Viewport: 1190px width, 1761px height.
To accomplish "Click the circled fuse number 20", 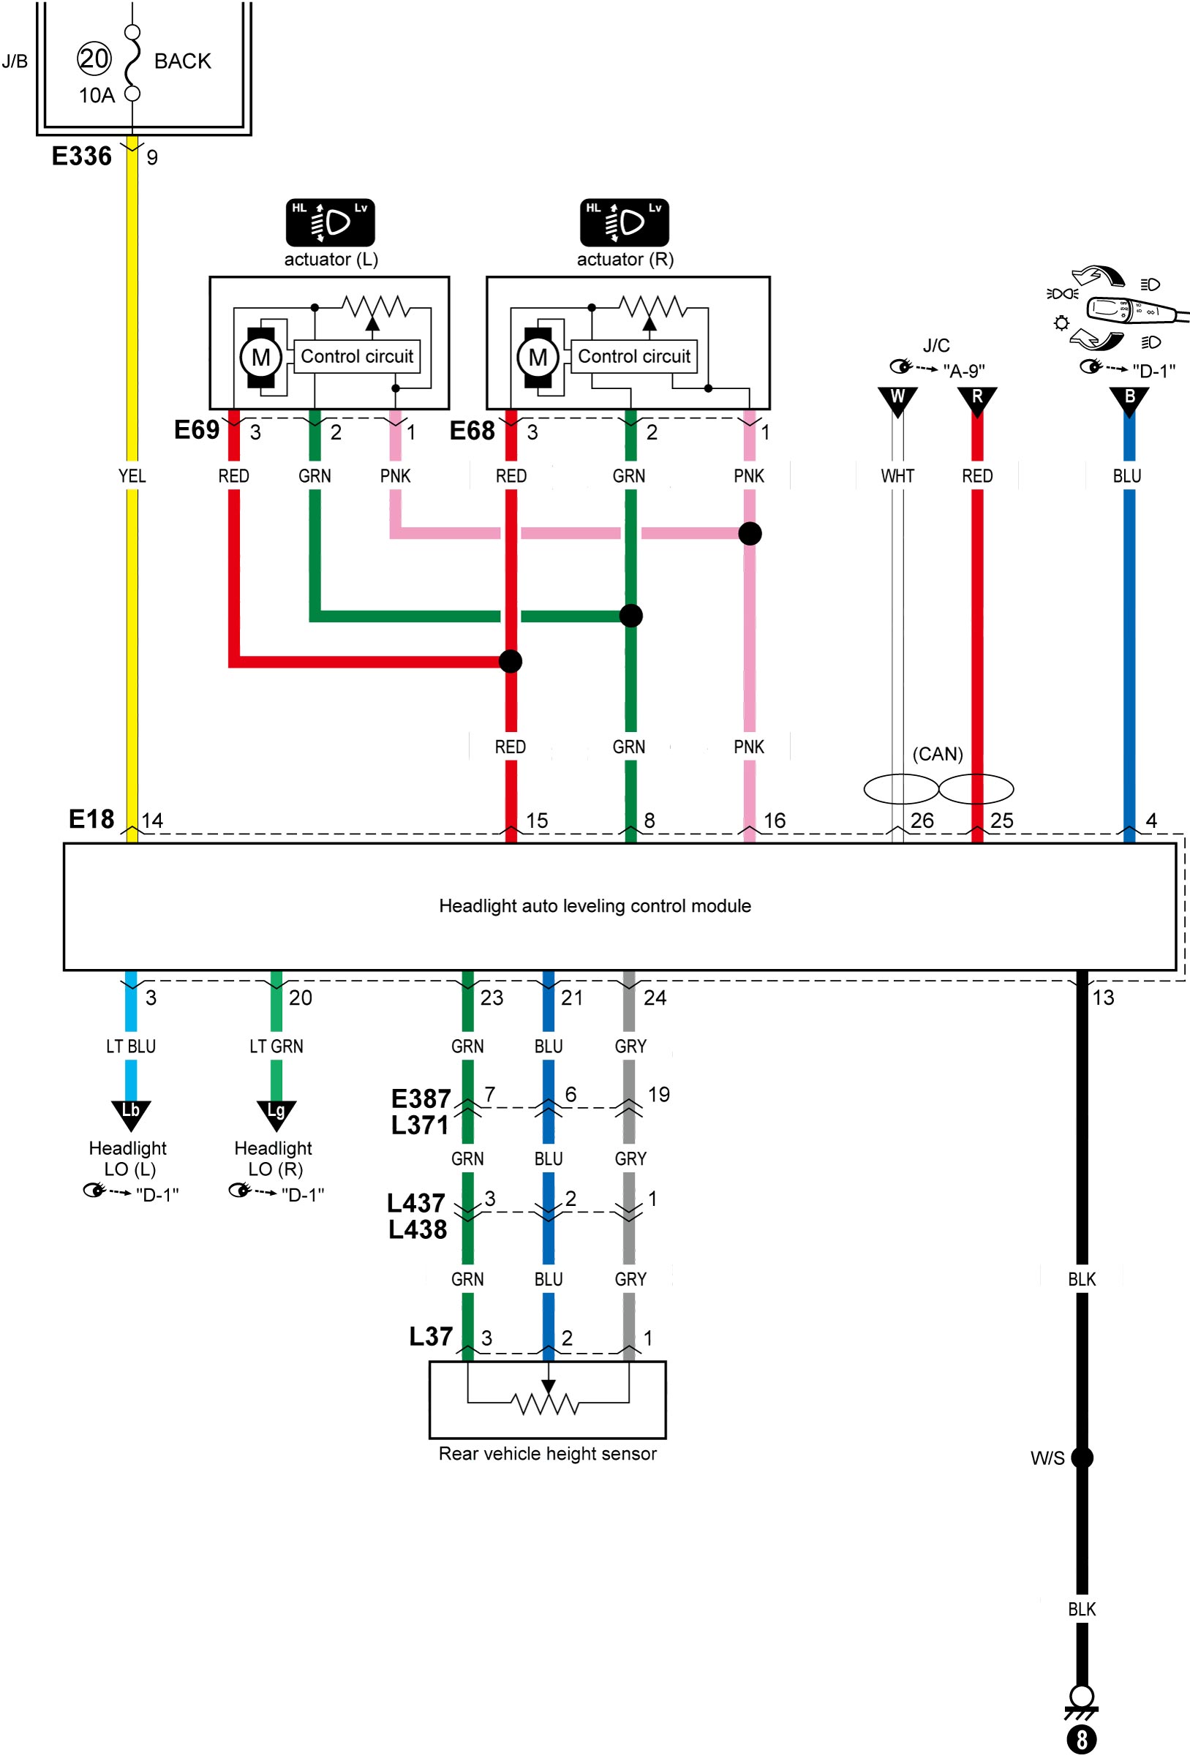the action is (94, 59).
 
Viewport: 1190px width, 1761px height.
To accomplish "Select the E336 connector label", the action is (82, 156).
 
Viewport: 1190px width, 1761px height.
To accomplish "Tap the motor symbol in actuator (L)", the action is (260, 358).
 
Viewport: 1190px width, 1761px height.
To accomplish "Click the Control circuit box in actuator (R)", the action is (633, 356).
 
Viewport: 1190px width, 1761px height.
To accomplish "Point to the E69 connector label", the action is (197, 429).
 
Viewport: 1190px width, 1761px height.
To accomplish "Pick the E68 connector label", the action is (472, 431).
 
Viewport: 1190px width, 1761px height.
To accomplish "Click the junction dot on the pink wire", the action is (750, 533).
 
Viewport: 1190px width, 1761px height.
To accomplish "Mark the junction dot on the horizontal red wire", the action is (511, 662).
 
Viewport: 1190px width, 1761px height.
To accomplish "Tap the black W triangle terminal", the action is (897, 401).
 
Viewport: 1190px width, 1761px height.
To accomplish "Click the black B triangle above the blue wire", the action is (1129, 401).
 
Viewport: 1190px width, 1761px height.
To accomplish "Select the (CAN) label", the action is (938, 754).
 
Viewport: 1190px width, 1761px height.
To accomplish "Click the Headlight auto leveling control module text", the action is (595, 905).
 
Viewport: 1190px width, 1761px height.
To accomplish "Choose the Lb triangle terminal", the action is (131, 1115).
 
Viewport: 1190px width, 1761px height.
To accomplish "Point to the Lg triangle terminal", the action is (276, 1115).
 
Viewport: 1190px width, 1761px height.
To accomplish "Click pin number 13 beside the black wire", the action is (1104, 998).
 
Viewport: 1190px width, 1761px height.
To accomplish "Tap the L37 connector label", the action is (432, 1336).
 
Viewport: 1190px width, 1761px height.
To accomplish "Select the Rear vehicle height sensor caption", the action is (548, 1453).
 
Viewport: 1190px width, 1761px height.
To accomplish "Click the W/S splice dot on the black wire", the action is (1082, 1458).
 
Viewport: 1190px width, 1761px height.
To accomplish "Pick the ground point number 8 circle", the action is (1082, 1740).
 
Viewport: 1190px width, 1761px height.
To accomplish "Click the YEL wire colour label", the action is (132, 476).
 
